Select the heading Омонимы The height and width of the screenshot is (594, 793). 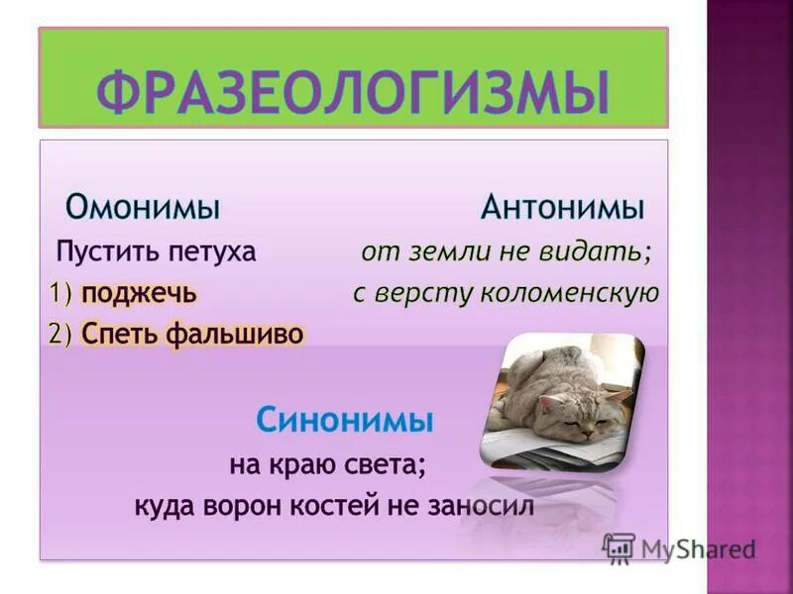[143, 208]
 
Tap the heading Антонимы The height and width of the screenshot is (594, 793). [563, 208]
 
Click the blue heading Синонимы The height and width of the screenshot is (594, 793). [345, 420]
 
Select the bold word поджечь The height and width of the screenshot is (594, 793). [139, 294]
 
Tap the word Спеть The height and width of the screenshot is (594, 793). [120, 334]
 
